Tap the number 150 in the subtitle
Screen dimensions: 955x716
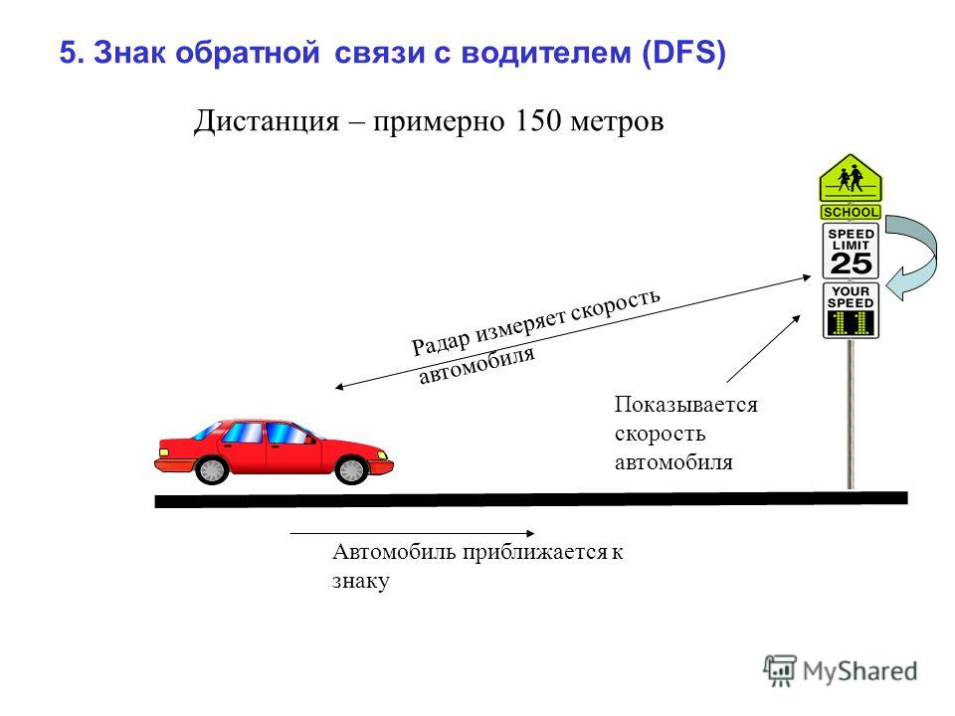click(537, 120)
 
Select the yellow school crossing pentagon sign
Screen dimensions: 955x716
click(851, 178)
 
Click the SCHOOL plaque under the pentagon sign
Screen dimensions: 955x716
click(851, 212)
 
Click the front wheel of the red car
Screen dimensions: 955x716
click(352, 469)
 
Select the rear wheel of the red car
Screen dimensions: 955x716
click(211, 469)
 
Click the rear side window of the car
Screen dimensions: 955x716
click(243, 433)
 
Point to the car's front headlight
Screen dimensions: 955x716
click(382, 454)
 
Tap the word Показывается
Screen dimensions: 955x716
click(685, 405)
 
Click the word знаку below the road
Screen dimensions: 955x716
click(360, 581)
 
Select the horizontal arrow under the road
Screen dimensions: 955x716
click(412, 533)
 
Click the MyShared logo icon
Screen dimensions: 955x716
click(780, 670)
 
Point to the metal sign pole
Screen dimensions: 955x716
click(851, 414)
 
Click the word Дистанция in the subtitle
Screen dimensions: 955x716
click(267, 120)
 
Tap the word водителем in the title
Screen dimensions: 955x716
click(545, 53)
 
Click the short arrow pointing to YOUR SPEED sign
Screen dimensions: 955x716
click(764, 348)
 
